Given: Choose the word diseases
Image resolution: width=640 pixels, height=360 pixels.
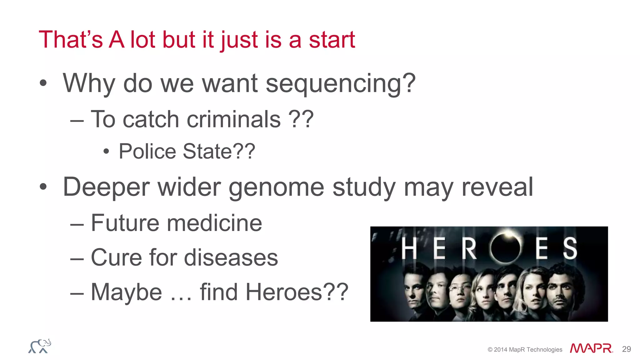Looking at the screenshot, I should (231, 258).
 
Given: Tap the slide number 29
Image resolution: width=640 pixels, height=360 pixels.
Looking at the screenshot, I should (626, 349).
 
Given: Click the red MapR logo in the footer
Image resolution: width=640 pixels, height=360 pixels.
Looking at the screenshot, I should (591, 348).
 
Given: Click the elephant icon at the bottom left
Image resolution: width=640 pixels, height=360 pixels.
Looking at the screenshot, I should (40, 346).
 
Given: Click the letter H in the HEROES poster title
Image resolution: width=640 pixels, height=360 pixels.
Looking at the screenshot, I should (409, 248).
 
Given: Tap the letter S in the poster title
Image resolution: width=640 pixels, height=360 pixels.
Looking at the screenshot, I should (570, 248).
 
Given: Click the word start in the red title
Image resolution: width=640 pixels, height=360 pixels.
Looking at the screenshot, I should (332, 40).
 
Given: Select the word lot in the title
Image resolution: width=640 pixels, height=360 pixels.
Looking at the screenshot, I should (143, 40).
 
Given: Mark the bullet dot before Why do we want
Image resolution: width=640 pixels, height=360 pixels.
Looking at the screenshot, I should (43, 83).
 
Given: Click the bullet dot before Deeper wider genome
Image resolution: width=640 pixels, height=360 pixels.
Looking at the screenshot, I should (43, 187).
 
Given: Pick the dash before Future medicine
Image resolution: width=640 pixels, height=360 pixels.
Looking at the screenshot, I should (77, 224).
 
